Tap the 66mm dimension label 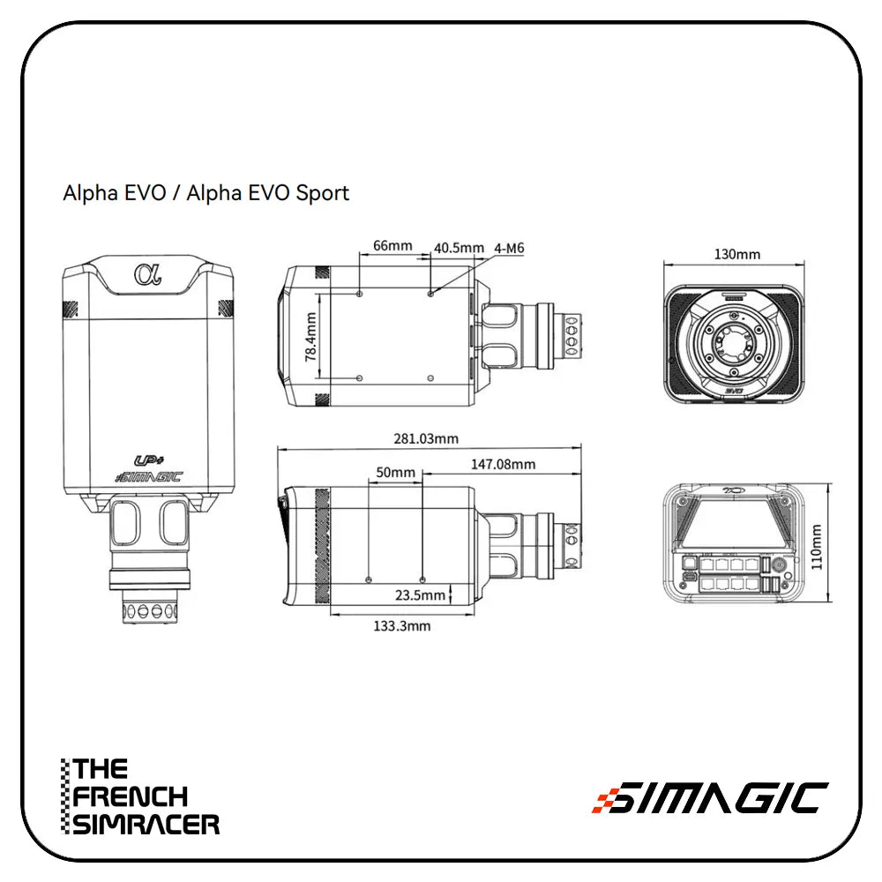392,245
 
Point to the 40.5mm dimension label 459,248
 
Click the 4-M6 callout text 510,248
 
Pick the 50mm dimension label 395,473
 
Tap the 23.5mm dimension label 420,595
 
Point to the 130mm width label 736,254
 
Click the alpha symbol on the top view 147,274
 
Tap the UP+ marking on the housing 146,460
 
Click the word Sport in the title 323,192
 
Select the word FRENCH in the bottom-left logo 131,796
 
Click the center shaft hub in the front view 732,341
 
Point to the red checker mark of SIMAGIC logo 603,799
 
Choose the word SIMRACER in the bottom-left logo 146,825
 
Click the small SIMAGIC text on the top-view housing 148,477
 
